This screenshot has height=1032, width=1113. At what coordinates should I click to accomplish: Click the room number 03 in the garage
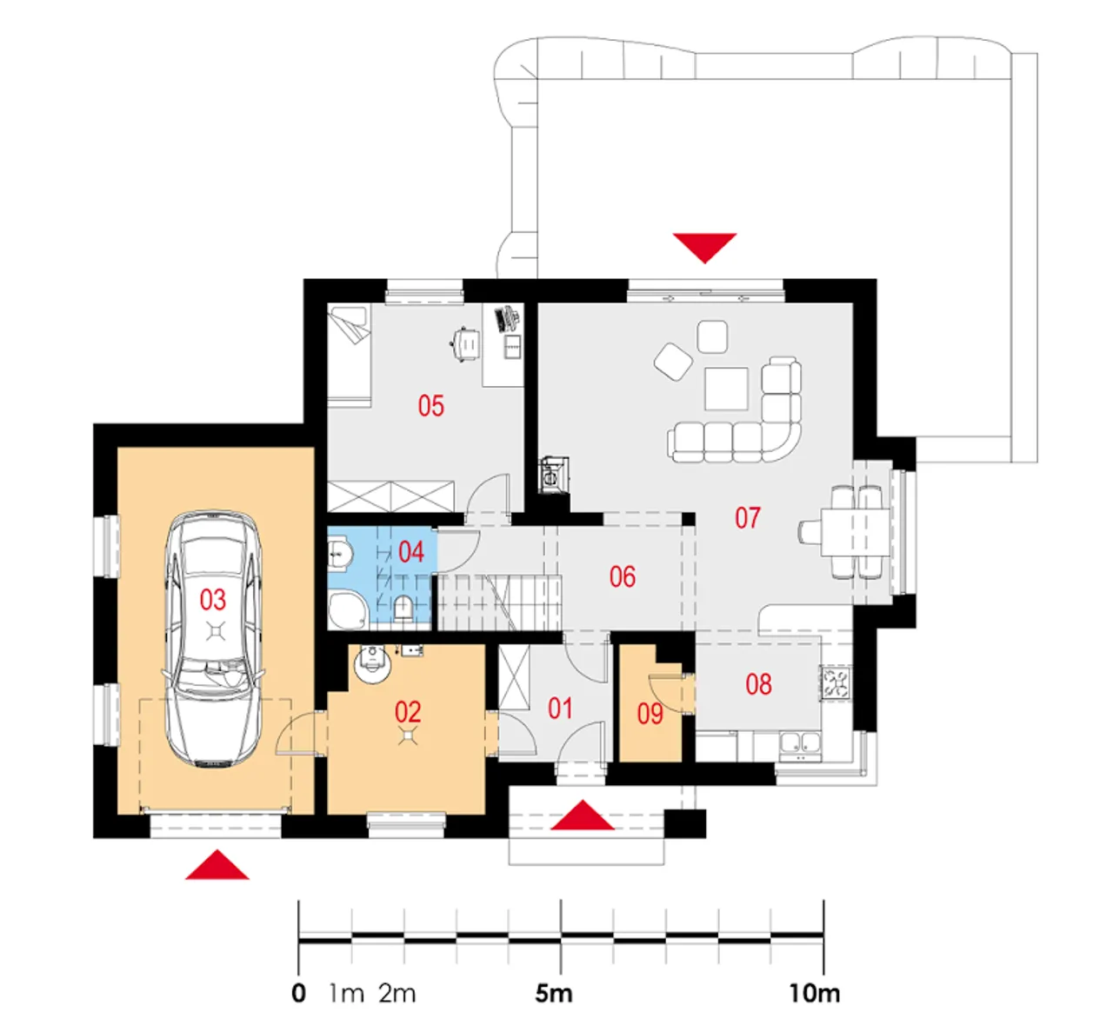(213, 601)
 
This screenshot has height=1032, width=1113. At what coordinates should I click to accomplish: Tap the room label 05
(431, 406)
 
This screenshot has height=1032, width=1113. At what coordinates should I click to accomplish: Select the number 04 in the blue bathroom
(411, 552)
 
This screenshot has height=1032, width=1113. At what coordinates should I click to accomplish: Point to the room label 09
(650, 714)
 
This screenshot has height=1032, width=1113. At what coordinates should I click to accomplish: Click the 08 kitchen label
(759, 684)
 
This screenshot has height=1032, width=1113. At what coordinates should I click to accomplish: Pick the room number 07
(748, 518)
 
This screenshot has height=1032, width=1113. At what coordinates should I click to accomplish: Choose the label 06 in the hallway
(623, 577)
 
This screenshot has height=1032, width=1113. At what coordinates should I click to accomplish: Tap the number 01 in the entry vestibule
(561, 709)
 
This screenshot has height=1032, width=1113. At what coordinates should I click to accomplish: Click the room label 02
(408, 713)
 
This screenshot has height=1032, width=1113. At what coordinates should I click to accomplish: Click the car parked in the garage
(213, 638)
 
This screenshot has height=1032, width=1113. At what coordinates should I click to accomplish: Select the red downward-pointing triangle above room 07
(704, 248)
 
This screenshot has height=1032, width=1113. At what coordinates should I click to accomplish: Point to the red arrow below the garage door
(217, 865)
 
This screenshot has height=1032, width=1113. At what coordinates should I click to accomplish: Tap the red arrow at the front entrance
(583, 815)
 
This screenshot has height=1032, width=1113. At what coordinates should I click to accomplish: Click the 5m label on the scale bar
(554, 994)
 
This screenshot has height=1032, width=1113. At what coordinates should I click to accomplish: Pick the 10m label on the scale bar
(815, 994)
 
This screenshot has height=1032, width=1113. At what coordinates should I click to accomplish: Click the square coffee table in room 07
(726, 389)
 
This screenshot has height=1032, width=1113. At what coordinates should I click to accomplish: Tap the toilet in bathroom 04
(403, 609)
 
